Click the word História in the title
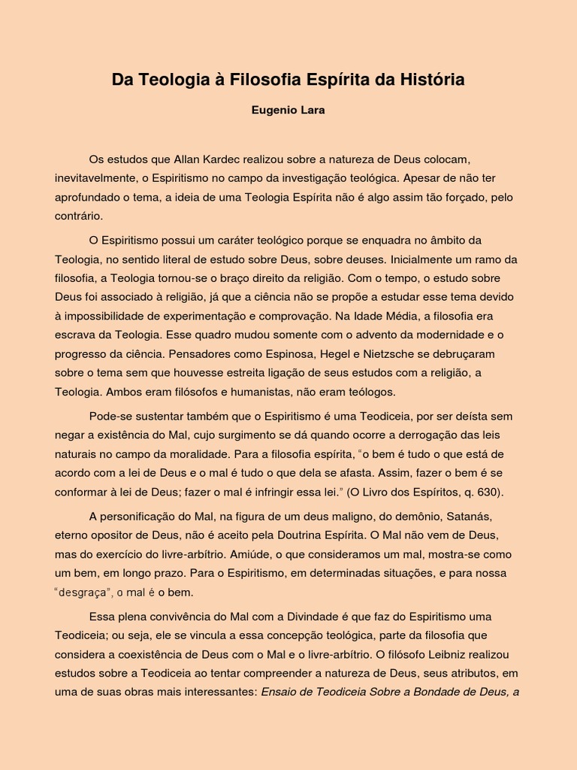(x=430, y=80)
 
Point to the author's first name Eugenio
(x=274, y=110)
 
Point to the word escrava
(x=75, y=335)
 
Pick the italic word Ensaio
(x=280, y=692)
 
